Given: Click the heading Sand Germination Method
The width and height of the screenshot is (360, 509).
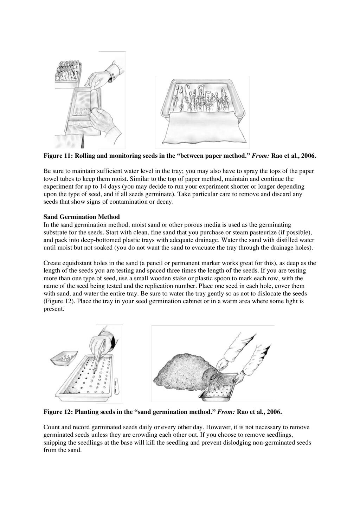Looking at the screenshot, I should (x=82, y=217).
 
